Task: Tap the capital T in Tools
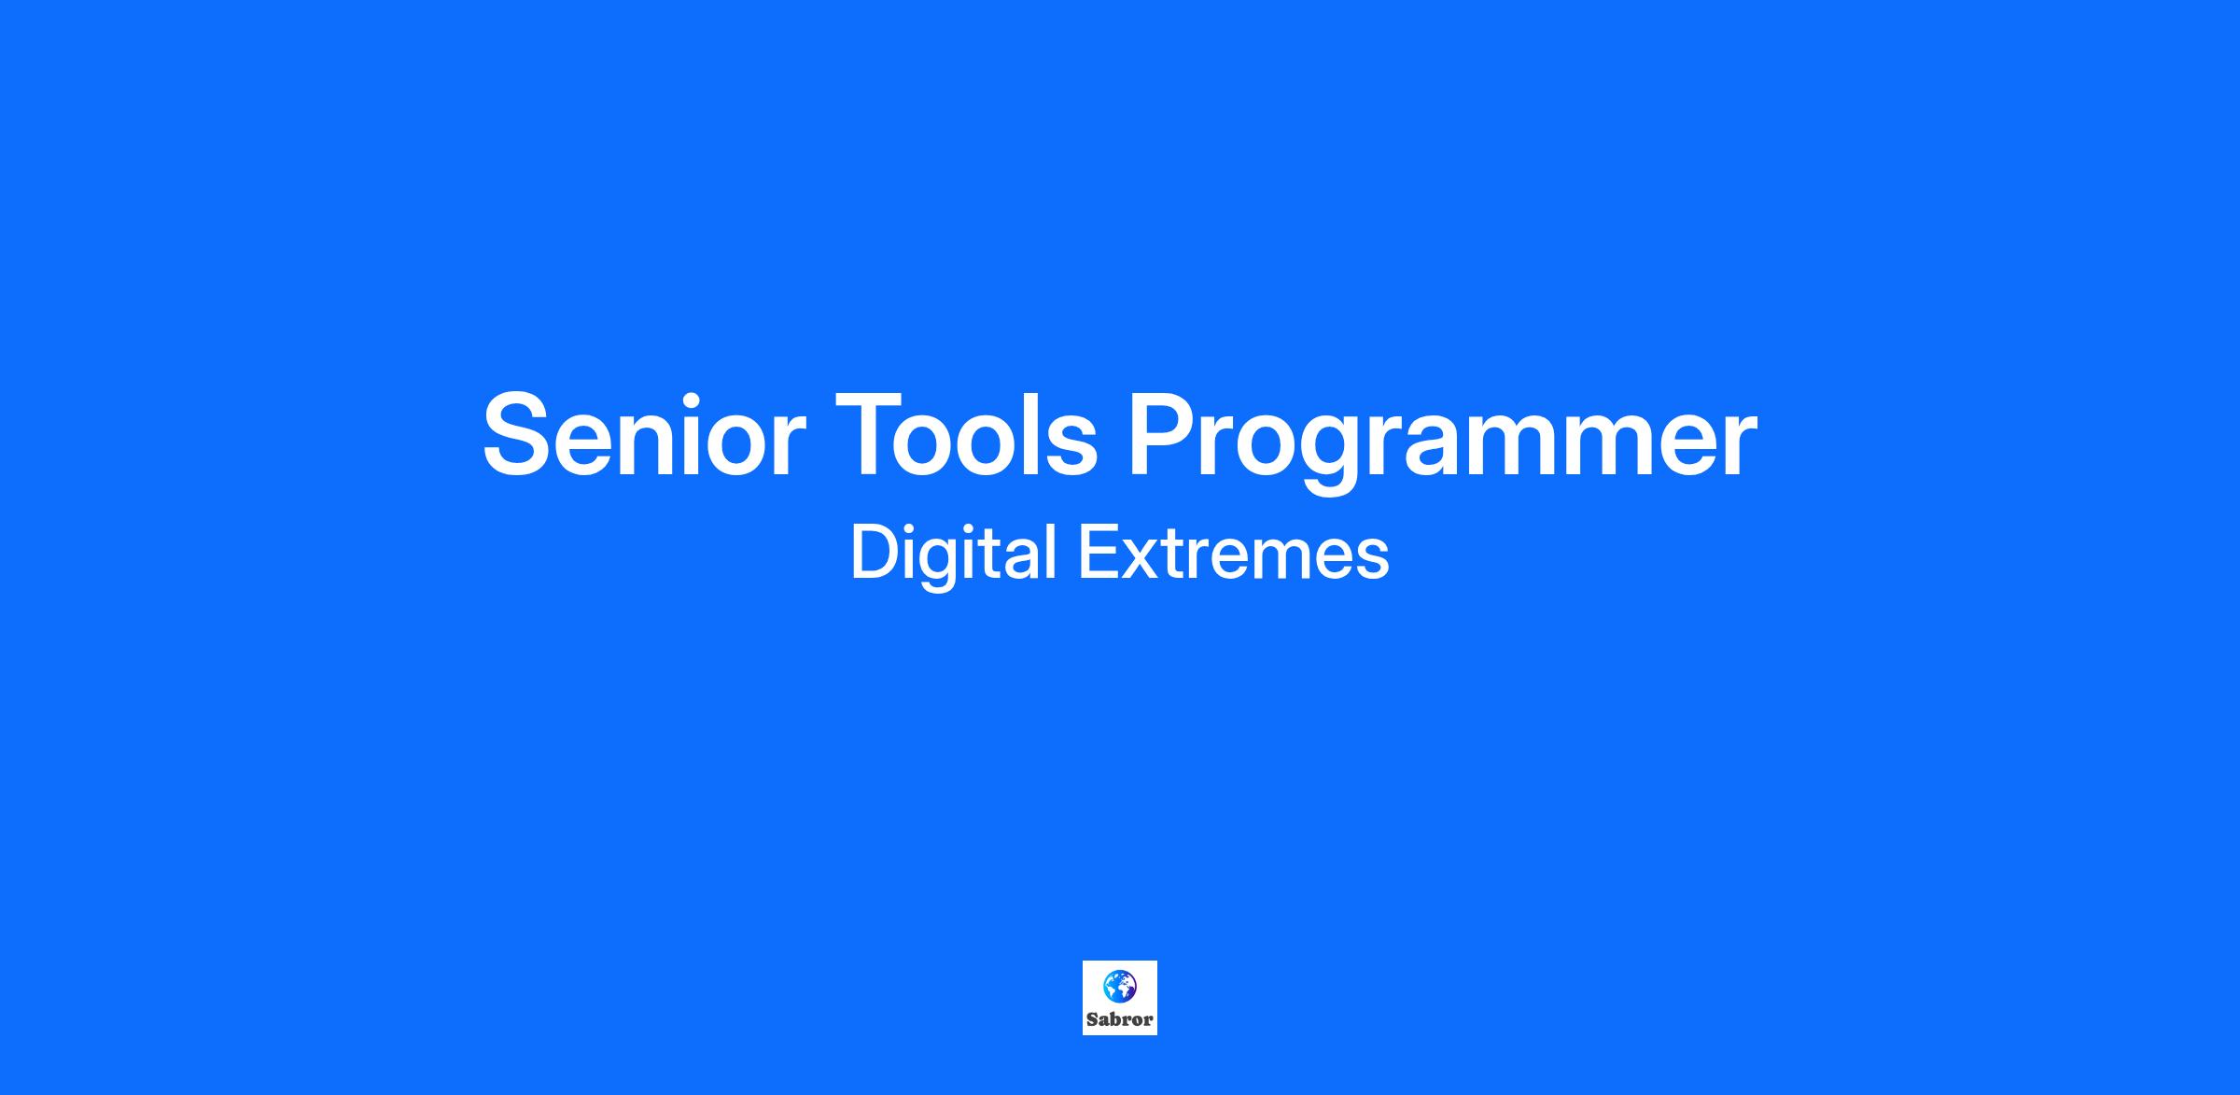coord(872,433)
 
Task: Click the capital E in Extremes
coord(1099,554)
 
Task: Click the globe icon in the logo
coord(1119,985)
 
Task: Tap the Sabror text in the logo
coord(1119,1019)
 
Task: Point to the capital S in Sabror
coord(1092,1019)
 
